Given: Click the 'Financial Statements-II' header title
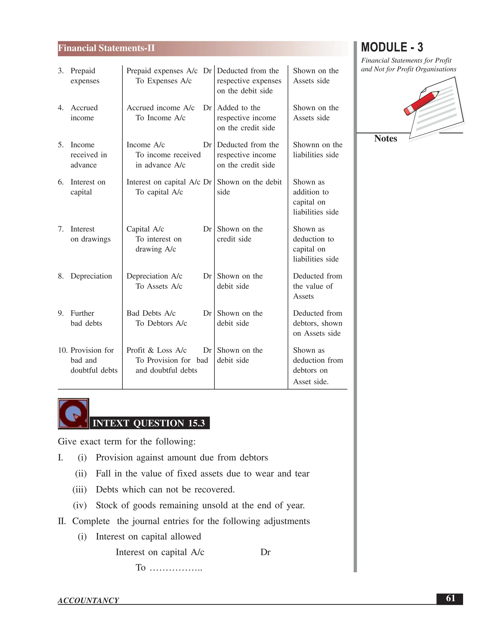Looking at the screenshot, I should pos(106,48).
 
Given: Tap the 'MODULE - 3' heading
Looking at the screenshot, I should pos(392,48).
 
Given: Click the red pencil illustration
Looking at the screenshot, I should pos(421,103).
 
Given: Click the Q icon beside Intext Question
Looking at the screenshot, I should pos(73,414).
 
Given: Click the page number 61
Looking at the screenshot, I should pos(450,598).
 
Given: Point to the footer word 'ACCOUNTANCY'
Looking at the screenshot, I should pos(88,600).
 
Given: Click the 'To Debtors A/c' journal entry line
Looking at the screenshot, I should pos(161,323).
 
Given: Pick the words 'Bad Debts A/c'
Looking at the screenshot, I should pos(151,313).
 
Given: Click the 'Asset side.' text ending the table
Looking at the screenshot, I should pos(311,382).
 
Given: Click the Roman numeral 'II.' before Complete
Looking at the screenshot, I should pos(62,521).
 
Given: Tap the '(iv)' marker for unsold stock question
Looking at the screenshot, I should pos(80,505).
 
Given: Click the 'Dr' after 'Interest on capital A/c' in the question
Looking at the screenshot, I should pos(265,552).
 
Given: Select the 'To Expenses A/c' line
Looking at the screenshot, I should pos(164,81).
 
